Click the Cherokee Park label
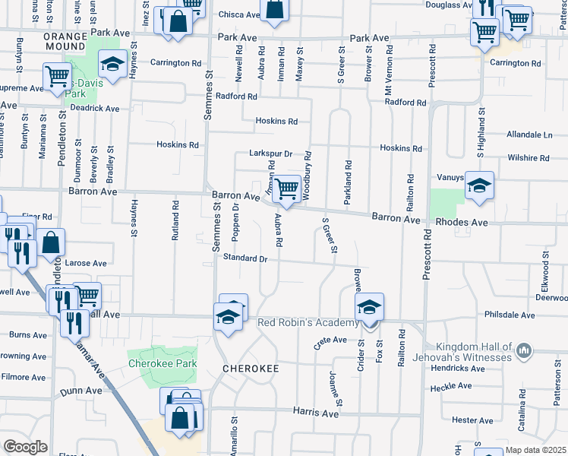[162, 363]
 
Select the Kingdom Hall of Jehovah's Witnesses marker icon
[522, 350]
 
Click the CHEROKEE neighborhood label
[251, 369]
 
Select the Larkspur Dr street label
[271, 154]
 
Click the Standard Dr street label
[245, 258]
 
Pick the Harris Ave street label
[316, 412]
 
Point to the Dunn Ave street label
[81, 391]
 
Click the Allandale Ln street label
[530, 134]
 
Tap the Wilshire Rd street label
[529, 158]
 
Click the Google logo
[25, 447]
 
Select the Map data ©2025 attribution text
[535, 450]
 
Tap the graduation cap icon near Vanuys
[479, 185]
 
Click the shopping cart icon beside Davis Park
[57, 77]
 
